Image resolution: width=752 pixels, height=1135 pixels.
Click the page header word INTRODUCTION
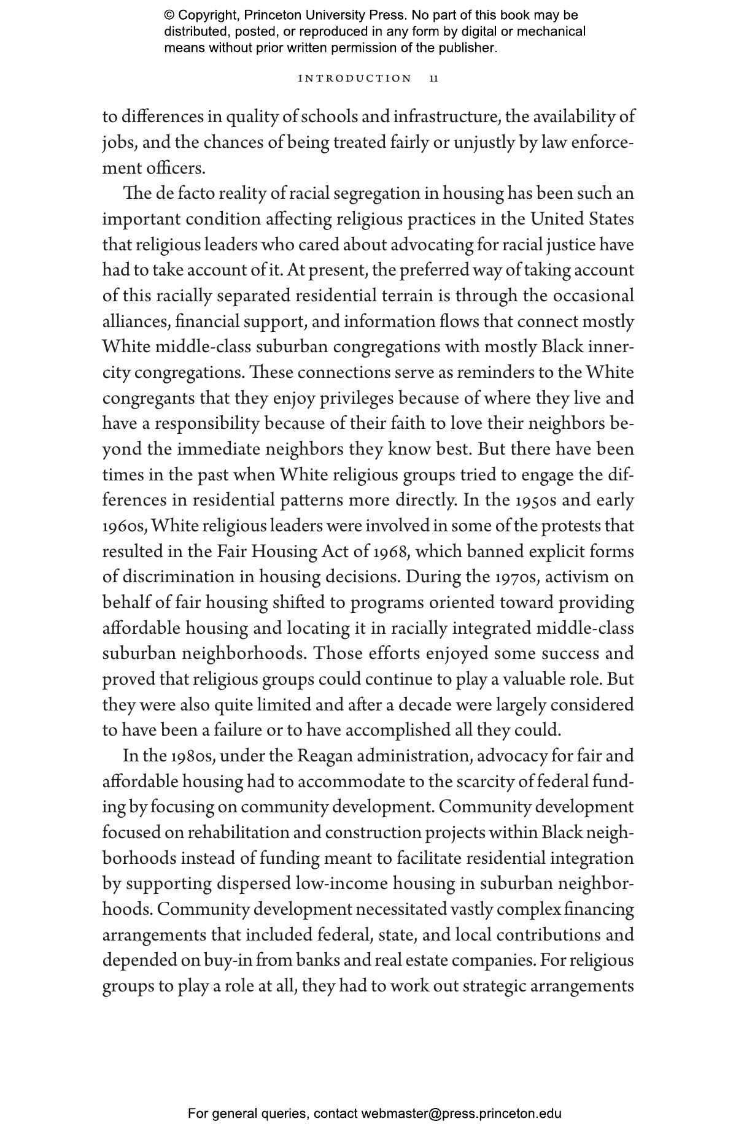(354, 79)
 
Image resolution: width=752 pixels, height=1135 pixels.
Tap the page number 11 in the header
(433, 79)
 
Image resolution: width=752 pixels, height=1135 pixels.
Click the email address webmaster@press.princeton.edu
(461, 1114)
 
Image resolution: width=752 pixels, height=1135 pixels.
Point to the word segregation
(371, 194)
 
